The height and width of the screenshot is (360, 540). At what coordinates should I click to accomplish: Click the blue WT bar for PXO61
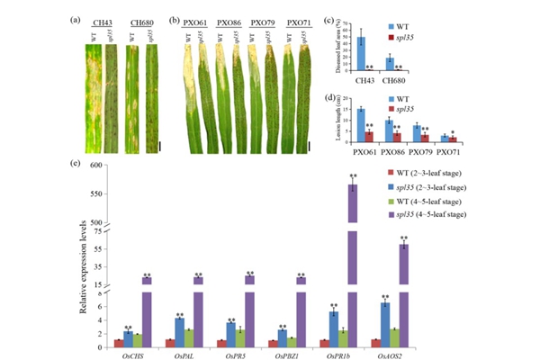click(360, 123)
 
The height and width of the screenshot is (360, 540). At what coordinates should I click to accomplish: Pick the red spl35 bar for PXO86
click(396, 136)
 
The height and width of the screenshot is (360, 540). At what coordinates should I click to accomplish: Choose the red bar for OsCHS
click(117, 343)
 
